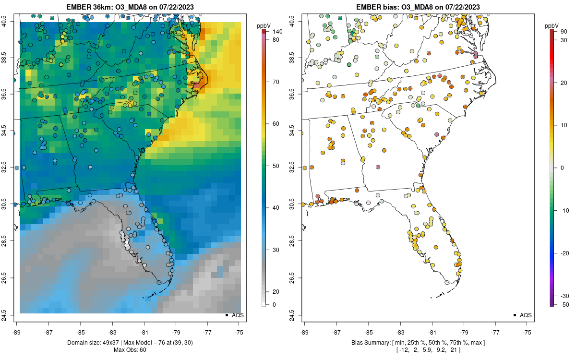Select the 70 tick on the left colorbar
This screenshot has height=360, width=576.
click(277, 82)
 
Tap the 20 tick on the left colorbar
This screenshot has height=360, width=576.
click(277, 292)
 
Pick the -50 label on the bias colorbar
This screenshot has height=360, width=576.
click(565, 304)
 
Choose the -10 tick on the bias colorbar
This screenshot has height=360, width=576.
click(565, 210)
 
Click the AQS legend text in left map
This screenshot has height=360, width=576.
click(238, 315)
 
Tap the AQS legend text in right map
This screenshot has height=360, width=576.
click(526, 315)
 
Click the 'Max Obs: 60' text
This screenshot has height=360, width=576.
click(130, 349)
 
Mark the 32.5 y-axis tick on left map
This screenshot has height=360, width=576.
click(11, 168)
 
